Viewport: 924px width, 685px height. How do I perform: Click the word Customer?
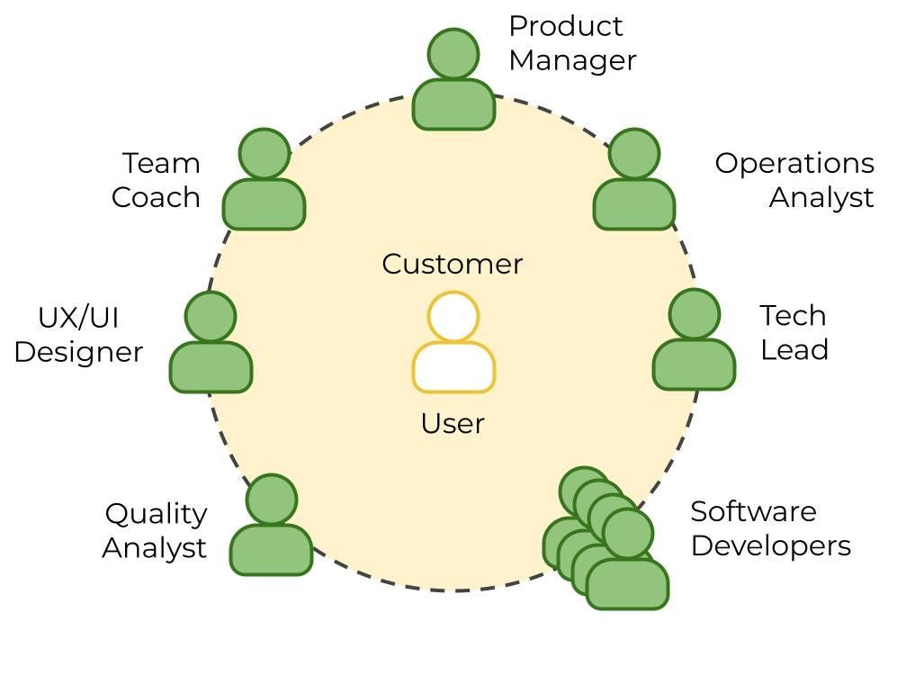[452, 264]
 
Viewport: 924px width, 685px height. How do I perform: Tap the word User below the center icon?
[453, 423]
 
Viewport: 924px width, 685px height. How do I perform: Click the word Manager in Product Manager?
[572, 60]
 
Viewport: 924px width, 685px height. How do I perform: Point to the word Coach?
[156, 197]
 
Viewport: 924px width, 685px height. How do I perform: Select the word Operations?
[794, 163]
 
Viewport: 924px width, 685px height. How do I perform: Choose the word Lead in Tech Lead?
[794, 350]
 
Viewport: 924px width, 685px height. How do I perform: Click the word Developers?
[770, 545]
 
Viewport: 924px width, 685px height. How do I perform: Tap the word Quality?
[156, 514]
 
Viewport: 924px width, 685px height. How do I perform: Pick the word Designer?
[78, 352]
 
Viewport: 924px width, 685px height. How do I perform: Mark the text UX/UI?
[78, 318]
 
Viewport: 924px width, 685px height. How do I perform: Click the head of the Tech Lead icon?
[695, 314]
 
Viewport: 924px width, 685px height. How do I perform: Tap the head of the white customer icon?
[453, 317]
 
